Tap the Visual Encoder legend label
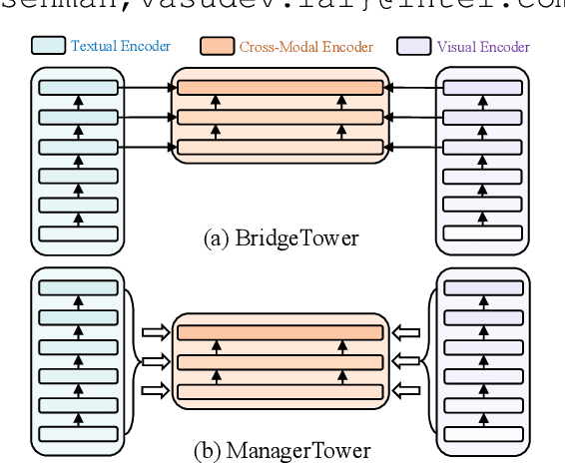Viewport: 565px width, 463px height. pyautogui.click(x=483, y=46)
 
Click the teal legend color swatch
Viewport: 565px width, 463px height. pyautogui.click(x=49, y=46)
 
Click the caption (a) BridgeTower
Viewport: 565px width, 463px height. pyautogui.click(x=280, y=238)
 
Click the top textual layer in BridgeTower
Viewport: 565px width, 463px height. pyautogui.click(x=78, y=87)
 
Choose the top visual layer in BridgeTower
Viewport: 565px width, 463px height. pyautogui.click(x=482, y=87)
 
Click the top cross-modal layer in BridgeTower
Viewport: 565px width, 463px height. pyautogui.click(x=280, y=87)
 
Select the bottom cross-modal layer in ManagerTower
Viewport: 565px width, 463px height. pyautogui.click(x=280, y=391)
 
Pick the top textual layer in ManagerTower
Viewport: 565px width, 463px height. pyautogui.click(x=78, y=287)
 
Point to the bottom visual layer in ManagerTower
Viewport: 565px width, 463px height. pyautogui.click(x=482, y=433)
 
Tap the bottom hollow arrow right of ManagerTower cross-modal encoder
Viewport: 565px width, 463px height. pyautogui.click(x=407, y=391)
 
